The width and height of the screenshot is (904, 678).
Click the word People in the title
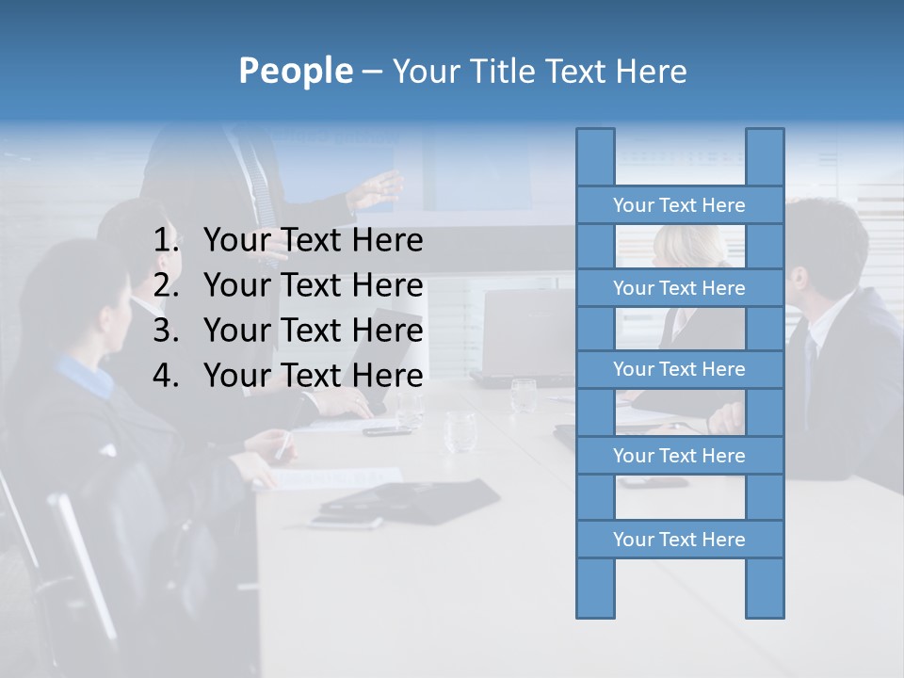295,71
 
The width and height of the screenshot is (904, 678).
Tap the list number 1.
166,241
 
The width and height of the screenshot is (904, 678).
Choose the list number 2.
166,286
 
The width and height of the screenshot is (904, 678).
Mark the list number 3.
166,331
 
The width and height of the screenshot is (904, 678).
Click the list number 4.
166,377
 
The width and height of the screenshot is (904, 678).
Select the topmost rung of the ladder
679,205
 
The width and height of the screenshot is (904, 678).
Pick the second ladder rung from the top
679,288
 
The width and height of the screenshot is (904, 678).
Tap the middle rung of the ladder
679,369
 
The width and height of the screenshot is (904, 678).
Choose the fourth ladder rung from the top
679,456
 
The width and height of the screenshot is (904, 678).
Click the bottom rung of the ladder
679,540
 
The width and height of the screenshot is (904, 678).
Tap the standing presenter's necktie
265,188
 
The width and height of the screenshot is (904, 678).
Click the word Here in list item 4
387,377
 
